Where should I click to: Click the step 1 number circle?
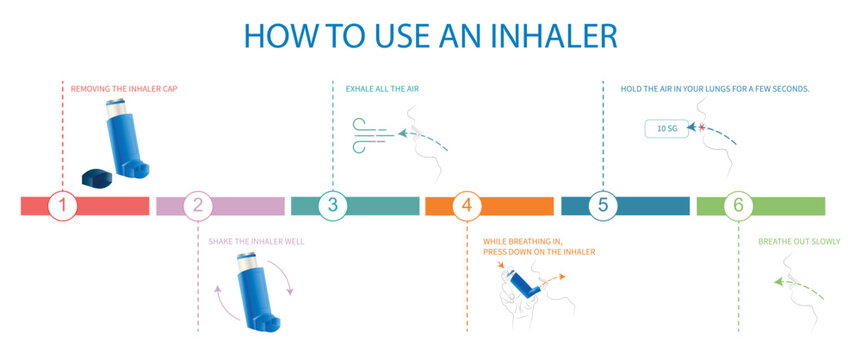pyautogui.click(x=62, y=206)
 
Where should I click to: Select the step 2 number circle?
pyautogui.click(x=198, y=206)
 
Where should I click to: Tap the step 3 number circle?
pyautogui.click(x=333, y=206)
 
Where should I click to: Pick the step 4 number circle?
pyautogui.click(x=467, y=206)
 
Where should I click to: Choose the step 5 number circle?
pyautogui.click(x=602, y=206)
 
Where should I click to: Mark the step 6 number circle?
pyautogui.click(x=738, y=206)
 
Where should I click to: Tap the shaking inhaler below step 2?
pyautogui.click(x=254, y=291)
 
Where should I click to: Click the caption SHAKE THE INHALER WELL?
pyautogui.click(x=256, y=242)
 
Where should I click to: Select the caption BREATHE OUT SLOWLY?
pyautogui.click(x=799, y=241)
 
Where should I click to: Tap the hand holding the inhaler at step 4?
pyautogui.click(x=515, y=305)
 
